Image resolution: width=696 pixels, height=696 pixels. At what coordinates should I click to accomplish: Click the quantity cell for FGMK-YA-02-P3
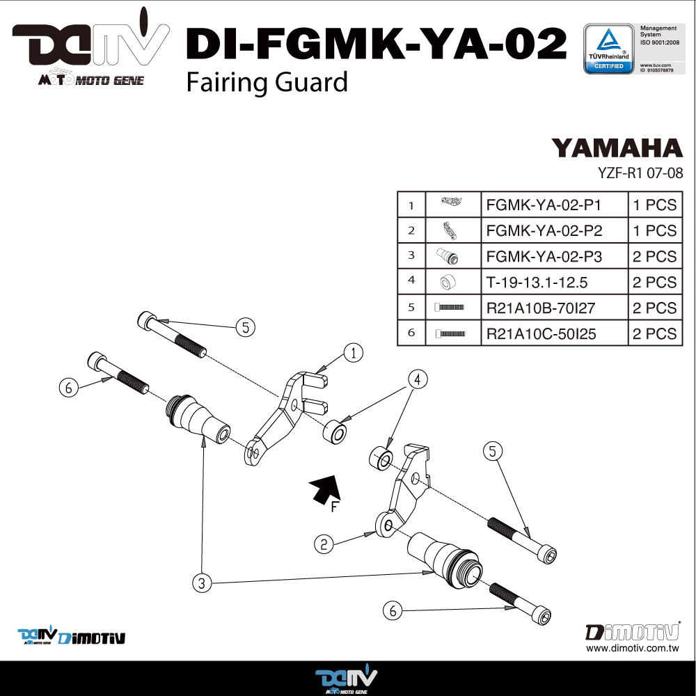pyautogui.click(x=655, y=256)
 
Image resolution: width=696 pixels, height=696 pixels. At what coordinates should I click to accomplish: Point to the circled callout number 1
pyautogui.click(x=354, y=353)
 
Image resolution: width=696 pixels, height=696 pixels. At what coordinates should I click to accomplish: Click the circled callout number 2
pyautogui.click(x=324, y=544)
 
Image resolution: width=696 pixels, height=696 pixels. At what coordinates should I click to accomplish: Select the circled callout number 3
pyautogui.click(x=202, y=583)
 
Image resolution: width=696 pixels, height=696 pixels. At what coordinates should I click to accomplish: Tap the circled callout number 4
pyautogui.click(x=417, y=379)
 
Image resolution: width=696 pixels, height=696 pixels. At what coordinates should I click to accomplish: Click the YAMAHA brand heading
pyautogui.click(x=617, y=148)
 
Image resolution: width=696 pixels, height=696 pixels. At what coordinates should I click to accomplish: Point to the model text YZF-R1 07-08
pyautogui.click(x=640, y=173)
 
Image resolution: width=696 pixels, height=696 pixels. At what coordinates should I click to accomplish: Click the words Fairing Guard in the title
pyautogui.click(x=267, y=83)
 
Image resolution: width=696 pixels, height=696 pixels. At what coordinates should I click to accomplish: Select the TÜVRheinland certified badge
pyautogui.click(x=608, y=49)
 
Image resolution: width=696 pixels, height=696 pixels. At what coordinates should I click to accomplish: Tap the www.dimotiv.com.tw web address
pyautogui.click(x=633, y=648)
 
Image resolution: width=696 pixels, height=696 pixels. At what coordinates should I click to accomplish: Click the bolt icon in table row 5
pyautogui.click(x=449, y=307)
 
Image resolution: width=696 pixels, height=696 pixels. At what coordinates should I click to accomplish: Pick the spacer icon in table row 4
pyautogui.click(x=448, y=282)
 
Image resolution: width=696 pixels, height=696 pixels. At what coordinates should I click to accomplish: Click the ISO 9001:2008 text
pyautogui.click(x=660, y=42)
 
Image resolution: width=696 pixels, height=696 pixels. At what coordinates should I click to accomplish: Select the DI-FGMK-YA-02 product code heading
pyautogui.click(x=377, y=43)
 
